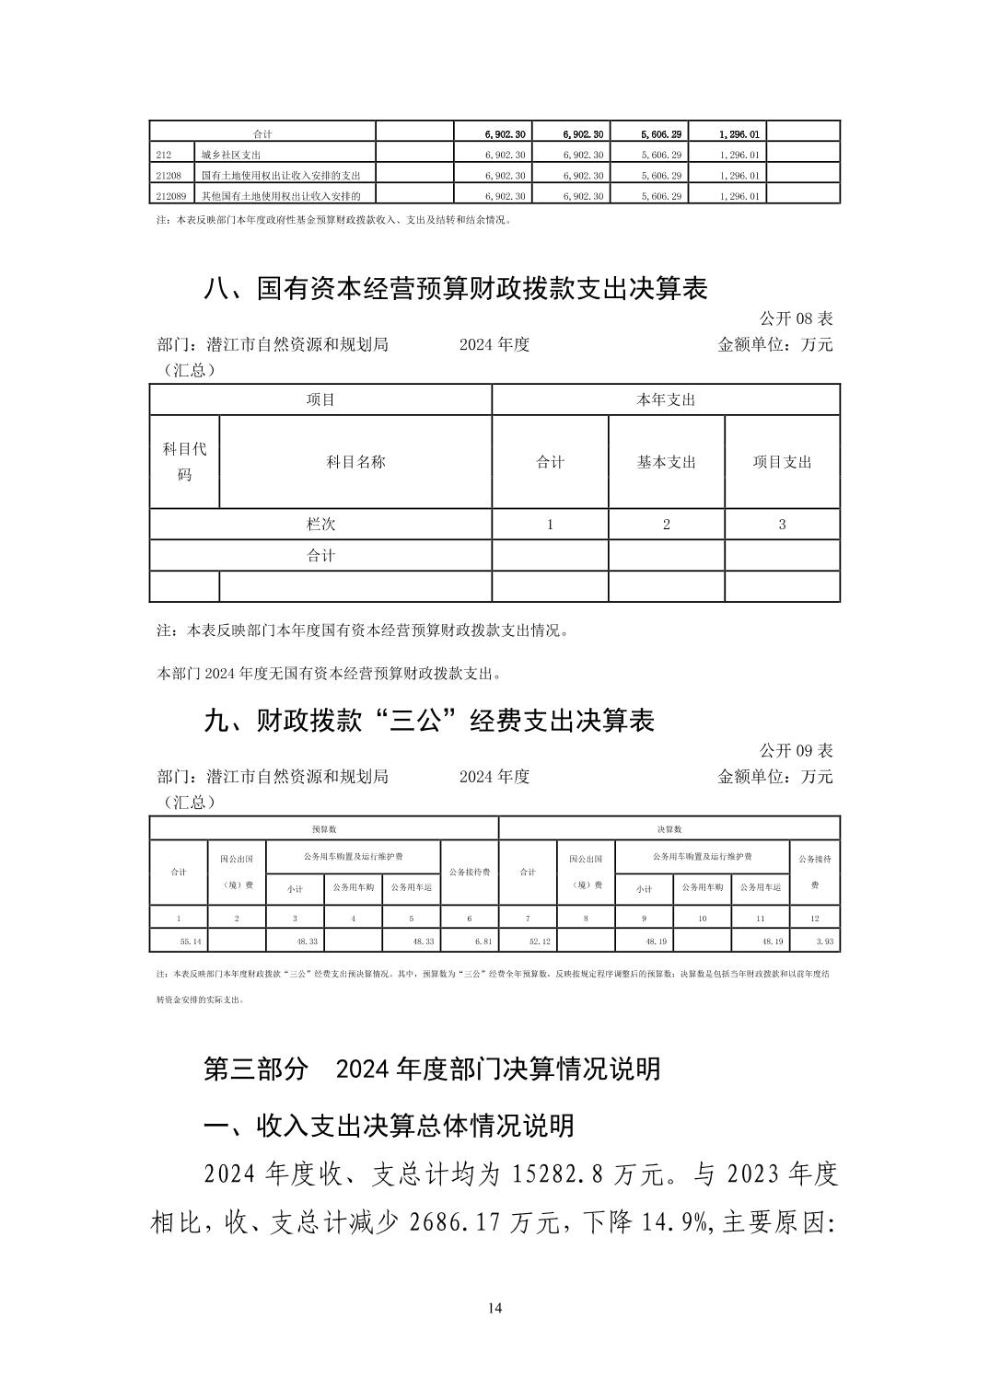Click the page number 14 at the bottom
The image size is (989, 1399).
click(494, 1308)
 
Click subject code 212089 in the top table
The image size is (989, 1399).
click(172, 195)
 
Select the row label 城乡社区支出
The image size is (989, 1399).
click(231, 155)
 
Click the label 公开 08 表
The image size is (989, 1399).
click(796, 318)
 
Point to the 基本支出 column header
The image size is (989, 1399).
click(666, 462)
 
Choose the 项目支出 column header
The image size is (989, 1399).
click(782, 462)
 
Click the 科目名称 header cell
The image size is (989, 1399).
click(355, 462)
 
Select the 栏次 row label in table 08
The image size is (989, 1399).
click(320, 524)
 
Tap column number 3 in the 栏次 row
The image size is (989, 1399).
click(782, 524)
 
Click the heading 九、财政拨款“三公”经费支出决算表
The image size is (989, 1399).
click(428, 721)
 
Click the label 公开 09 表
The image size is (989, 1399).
click(796, 750)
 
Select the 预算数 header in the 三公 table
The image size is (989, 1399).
click(323, 829)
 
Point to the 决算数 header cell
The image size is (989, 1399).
click(669, 829)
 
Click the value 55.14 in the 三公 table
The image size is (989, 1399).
click(190, 942)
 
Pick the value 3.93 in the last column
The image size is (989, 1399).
click(825, 942)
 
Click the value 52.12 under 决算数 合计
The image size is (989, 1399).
click(540, 942)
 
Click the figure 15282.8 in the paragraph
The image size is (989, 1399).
click(557, 1174)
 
